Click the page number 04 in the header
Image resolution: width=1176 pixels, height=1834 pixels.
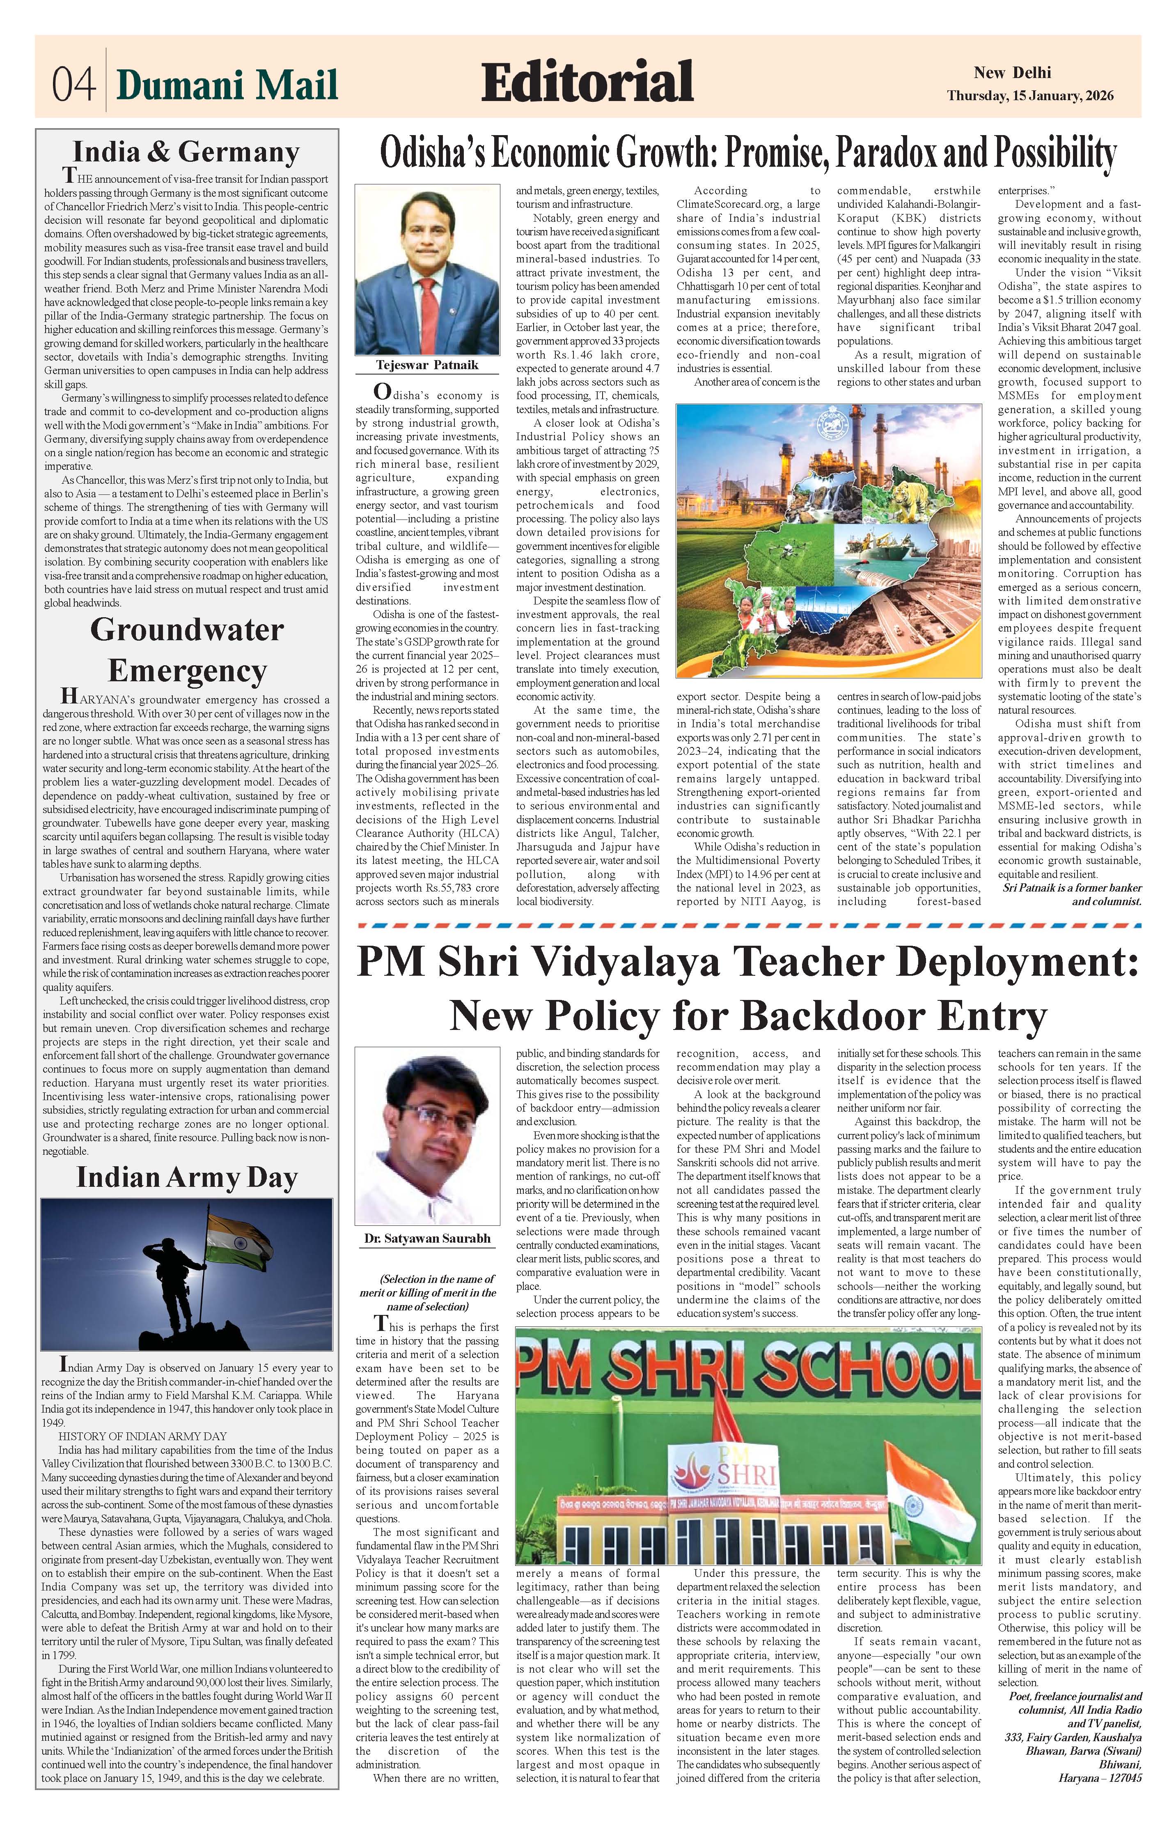point(73,84)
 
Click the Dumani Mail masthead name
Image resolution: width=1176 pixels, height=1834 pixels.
point(227,84)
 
